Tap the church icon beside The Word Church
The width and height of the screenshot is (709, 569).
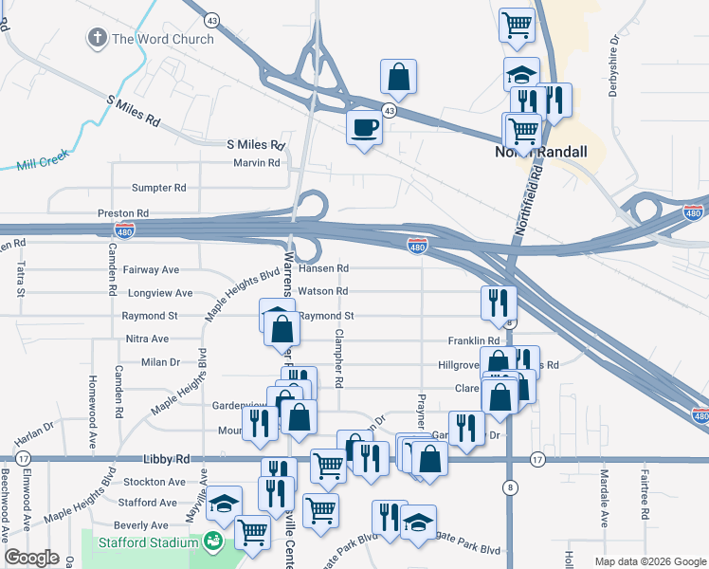(x=97, y=38)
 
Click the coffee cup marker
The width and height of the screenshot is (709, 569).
(x=364, y=129)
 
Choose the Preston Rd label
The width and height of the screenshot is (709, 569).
(x=123, y=213)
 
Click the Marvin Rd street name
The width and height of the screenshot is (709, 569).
(x=257, y=162)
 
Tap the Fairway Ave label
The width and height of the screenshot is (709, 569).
(x=151, y=270)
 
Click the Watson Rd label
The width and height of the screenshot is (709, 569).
(x=322, y=291)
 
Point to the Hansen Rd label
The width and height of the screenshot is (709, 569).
(x=323, y=268)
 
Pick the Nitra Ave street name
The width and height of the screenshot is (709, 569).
(x=147, y=339)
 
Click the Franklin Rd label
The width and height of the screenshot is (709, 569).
(x=474, y=340)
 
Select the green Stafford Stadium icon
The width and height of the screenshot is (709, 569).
(x=213, y=542)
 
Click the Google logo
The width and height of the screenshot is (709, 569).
(x=31, y=559)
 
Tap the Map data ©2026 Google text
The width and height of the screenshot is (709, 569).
(x=649, y=561)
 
